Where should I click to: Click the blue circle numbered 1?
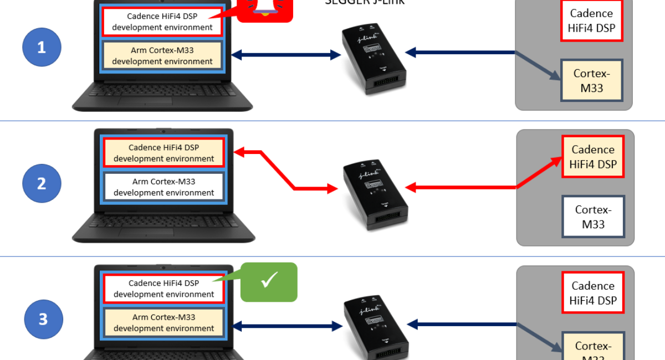42,48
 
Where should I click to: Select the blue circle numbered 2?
42,183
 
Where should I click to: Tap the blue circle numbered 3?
43,320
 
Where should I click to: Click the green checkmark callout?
269,282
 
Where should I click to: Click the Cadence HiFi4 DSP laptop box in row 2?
163,153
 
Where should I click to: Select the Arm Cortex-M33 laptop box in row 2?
163,187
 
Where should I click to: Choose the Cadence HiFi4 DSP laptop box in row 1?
162,22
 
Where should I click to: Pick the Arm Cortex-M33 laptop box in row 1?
162,55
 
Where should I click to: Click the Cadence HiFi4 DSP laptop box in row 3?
163,289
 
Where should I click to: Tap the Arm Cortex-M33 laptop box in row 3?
163,322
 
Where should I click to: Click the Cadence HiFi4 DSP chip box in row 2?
593,157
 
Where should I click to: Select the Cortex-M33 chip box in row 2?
593,217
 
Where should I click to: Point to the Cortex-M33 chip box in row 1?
591,80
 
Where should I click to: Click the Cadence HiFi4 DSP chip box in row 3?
593,293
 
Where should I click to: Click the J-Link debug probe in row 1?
374,58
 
